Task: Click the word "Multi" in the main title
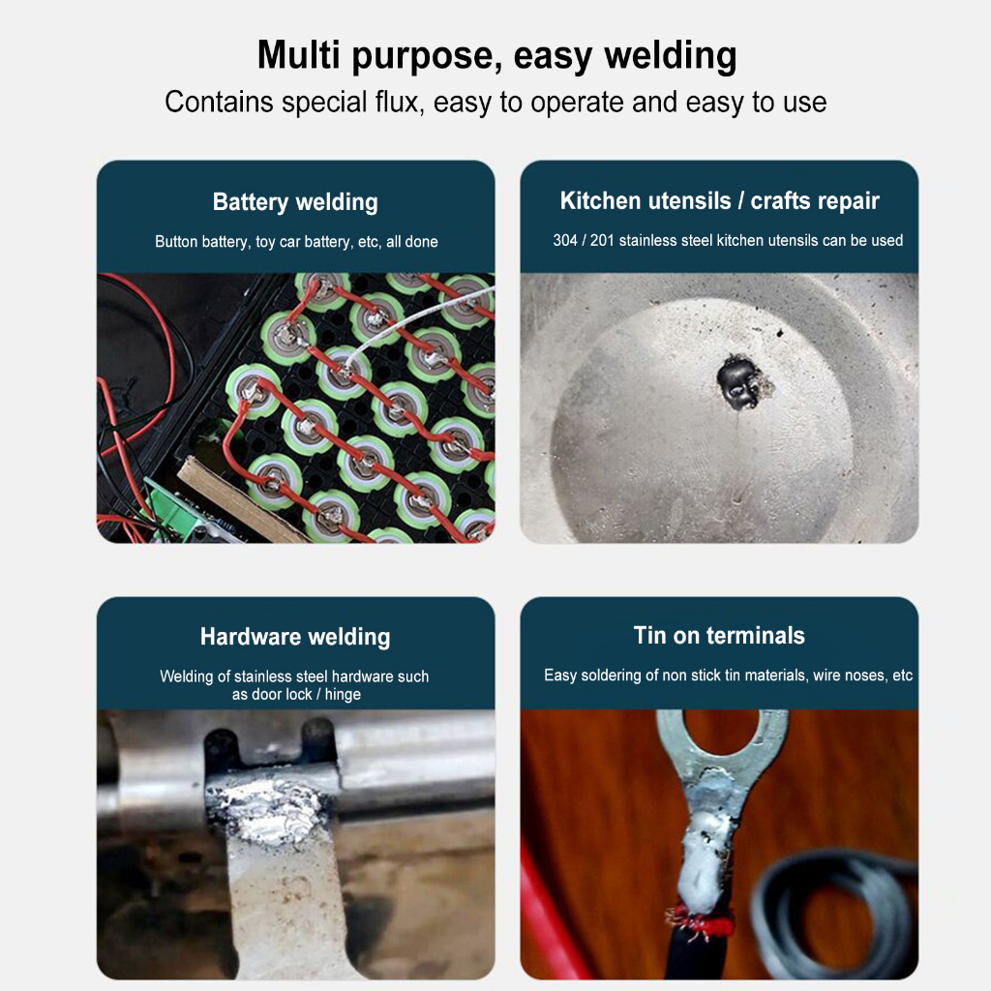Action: tap(298, 54)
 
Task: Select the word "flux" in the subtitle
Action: tap(398, 102)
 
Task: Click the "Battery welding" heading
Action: tap(295, 202)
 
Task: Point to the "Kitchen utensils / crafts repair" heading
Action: tap(719, 200)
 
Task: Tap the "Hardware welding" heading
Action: tap(295, 637)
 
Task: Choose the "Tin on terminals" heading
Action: tap(719, 635)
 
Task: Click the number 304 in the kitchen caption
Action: tap(564, 240)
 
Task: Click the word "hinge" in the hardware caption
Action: tap(343, 695)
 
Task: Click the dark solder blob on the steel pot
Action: tap(738, 381)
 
